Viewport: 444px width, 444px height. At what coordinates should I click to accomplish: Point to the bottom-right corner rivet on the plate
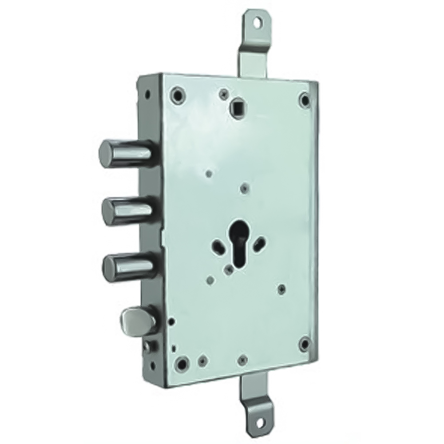[305, 343]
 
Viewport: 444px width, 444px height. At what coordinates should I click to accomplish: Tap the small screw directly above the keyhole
[242, 189]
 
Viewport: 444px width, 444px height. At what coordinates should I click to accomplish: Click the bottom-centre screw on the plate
[242, 359]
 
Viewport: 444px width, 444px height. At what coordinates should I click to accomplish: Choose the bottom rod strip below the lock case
[262, 391]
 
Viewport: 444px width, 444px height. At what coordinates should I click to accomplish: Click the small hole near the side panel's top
[146, 93]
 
